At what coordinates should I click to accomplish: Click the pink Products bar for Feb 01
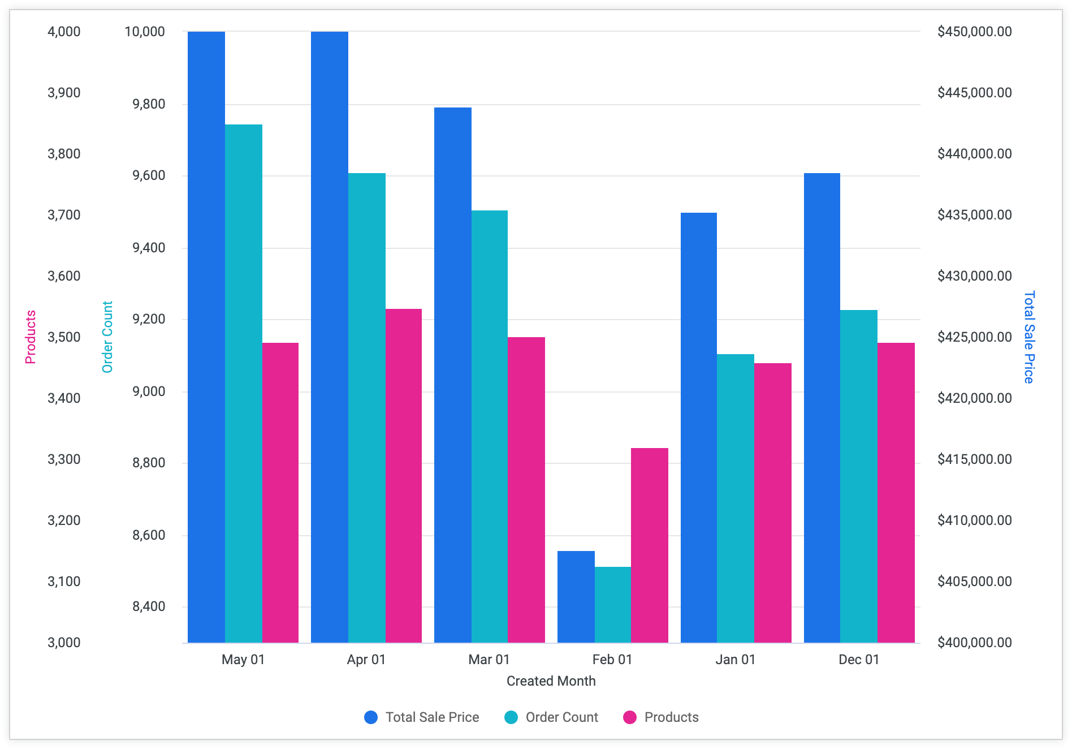(x=649, y=545)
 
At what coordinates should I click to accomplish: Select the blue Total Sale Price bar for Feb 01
(x=576, y=597)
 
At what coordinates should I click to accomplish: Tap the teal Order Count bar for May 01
(x=243, y=384)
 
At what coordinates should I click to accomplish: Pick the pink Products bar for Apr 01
(x=403, y=476)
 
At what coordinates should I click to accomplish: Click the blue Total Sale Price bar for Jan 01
(x=698, y=428)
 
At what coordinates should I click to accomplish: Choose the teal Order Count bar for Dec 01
(x=858, y=476)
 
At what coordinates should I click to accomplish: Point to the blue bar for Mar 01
(x=452, y=375)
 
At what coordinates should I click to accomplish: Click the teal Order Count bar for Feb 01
(x=612, y=605)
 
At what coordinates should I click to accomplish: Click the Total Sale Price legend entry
(x=422, y=717)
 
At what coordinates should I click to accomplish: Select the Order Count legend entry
(x=551, y=717)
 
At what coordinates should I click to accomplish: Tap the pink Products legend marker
(x=629, y=717)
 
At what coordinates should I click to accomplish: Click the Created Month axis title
(x=551, y=681)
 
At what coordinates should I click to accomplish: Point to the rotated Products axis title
(x=31, y=337)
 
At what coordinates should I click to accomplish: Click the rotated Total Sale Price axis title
(x=1029, y=337)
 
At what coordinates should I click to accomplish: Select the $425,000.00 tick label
(x=974, y=337)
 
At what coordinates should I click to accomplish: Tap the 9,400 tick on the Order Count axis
(x=149, y=248)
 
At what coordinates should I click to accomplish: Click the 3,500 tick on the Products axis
(x=64, y=337)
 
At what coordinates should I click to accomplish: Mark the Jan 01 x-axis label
(x=735, y=660)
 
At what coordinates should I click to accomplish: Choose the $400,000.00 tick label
(x=974, y=643)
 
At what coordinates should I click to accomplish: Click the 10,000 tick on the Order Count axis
(x=145, y=32)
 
